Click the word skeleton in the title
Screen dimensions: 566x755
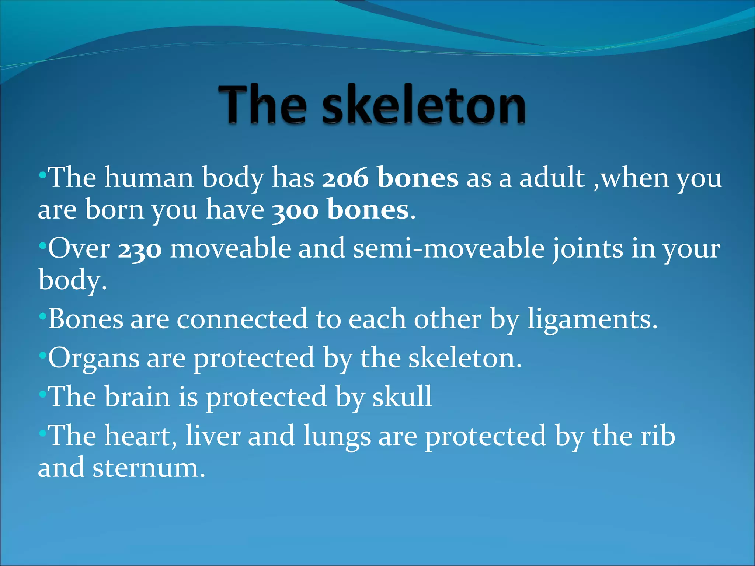424,105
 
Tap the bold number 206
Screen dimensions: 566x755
345,178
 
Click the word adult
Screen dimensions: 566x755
552,178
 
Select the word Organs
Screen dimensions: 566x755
94,358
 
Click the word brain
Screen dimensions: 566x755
138,397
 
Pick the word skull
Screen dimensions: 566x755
402,397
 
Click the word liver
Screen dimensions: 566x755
213,436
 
